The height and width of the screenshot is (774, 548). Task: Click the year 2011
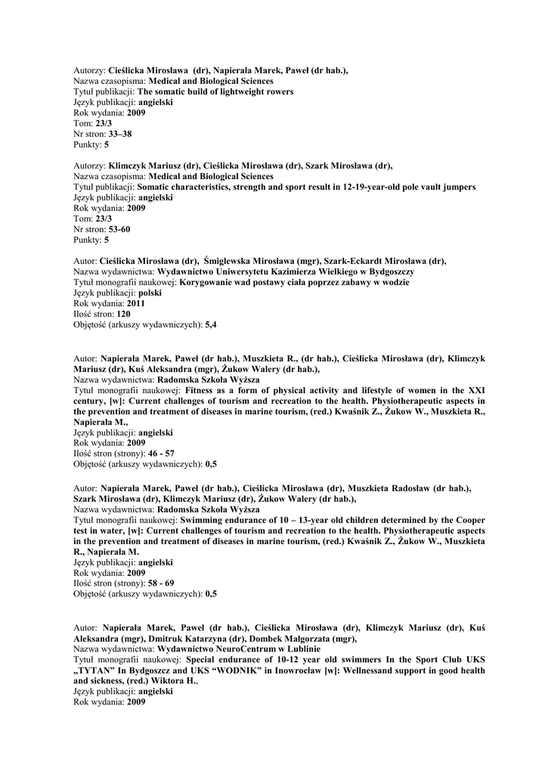[x=136, y=303]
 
